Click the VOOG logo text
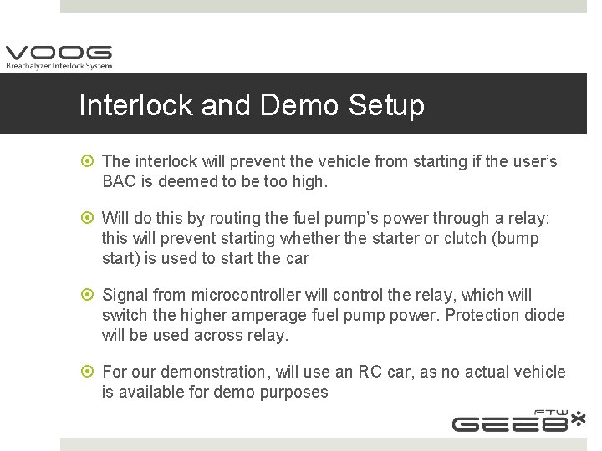click(x=58, y=53)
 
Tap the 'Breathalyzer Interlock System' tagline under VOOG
click(x=58, y=66)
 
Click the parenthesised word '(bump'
click(x=518, y=238)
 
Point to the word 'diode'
click(x=543, y=315)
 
